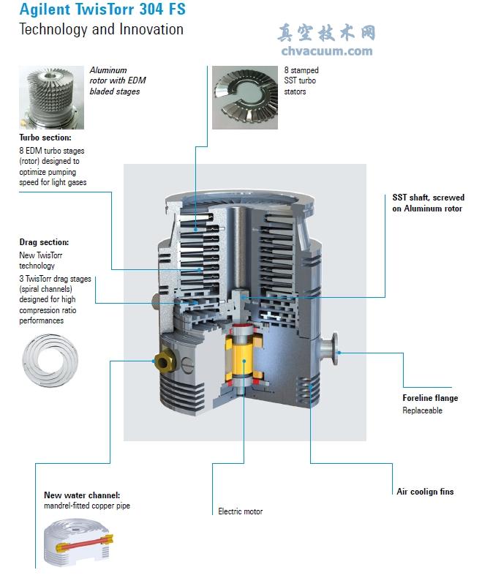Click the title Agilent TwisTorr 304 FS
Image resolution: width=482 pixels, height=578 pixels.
[102, 10]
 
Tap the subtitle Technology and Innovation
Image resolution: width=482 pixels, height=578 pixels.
[102, 29]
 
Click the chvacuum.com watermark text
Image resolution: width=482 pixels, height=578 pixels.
[327, 51]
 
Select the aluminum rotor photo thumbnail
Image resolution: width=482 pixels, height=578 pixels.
[52, 98]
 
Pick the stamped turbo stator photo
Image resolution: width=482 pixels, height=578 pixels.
[245, 98]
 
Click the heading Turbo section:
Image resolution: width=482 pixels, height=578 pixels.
[45, 138]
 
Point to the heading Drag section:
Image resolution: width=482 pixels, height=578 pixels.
[44, 242]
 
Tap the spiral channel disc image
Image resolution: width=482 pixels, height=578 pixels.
[50, 360]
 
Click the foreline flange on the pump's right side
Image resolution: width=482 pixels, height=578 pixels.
[328, 348]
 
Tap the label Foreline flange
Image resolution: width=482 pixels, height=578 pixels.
[430, 398]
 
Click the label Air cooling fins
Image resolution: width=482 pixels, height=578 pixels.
[425, 492]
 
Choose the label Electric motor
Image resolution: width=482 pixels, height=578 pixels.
[240, 511]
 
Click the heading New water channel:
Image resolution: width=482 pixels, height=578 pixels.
[82, 495]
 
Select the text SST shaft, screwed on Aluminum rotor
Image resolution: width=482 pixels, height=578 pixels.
[428, 203]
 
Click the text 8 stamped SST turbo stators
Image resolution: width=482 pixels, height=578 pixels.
[301, 80]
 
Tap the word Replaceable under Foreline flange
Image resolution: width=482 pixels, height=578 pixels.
[422, 410]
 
